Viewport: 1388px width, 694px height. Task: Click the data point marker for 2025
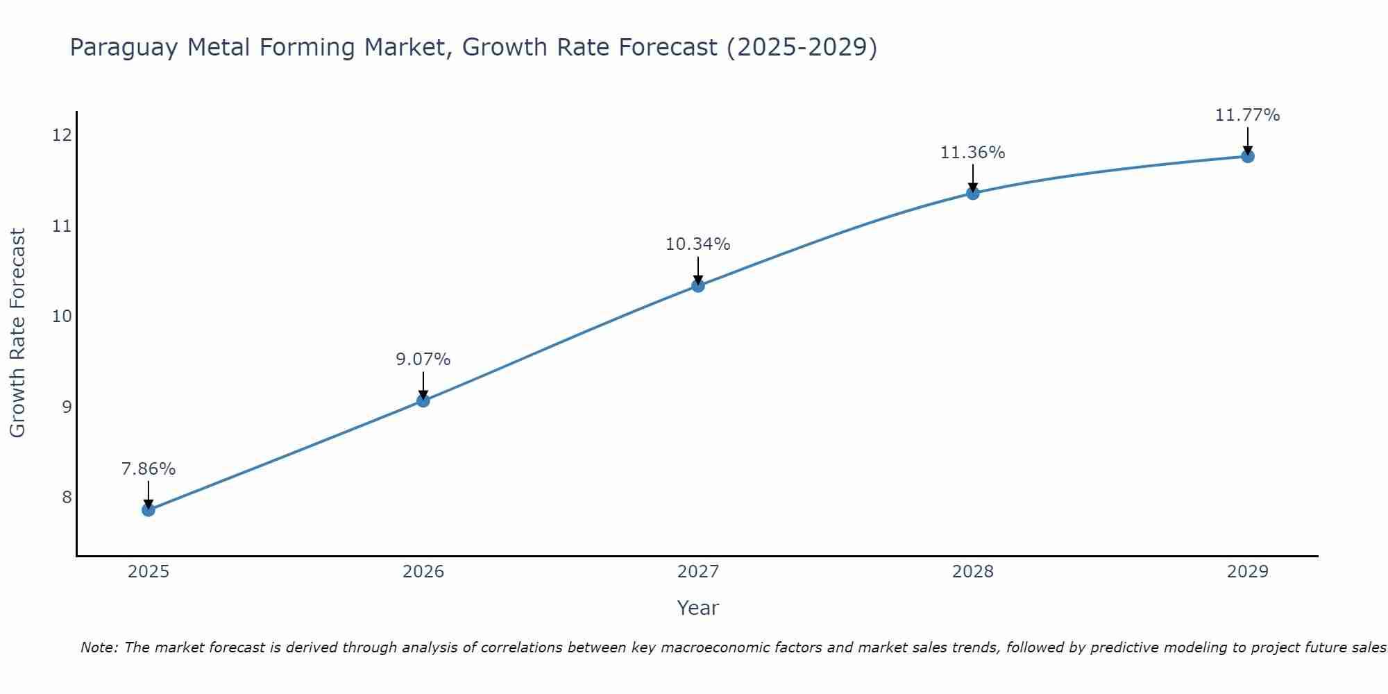click(x=149, y=510)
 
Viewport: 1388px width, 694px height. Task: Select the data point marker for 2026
click(x=423, y=400)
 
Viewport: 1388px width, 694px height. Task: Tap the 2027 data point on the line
click(x=698, y=285)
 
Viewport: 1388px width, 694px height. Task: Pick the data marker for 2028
click(x=973, y=193)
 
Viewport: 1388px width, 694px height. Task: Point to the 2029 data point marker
click(x=1247, y=156)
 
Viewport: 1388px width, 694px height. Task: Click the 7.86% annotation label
click(x=149, y=469)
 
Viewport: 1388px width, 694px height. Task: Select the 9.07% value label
click(x=423, y=359)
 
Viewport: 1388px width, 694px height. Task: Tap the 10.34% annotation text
click(x=698, y=244)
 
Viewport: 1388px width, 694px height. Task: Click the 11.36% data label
click(x=973, y=153)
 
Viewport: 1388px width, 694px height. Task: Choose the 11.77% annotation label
click(x=1247, y=115)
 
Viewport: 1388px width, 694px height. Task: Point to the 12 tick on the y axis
click(x=62, y=135)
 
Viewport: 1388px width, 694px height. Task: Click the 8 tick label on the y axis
click(x=67, y=497)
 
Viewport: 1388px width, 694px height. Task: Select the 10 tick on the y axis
click(x=62, y=316)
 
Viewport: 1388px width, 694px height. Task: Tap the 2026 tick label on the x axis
click(x=423, y=572)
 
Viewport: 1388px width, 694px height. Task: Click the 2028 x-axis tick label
click(x=973, y=572)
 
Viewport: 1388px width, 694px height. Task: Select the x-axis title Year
click(x=698, y=608)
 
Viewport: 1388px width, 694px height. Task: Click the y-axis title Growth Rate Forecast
click(x=18, y=333)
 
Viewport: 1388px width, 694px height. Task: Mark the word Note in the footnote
click(x=99, y=648)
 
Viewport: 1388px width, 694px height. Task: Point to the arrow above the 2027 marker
click(x=698, y=270)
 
